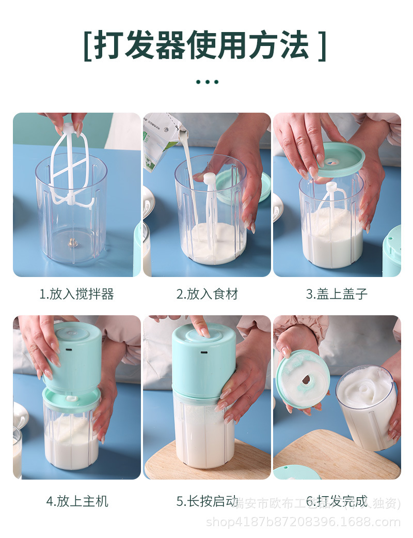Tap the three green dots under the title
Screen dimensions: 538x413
(x=207, y=82)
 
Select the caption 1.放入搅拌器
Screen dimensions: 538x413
(x=76, y=295)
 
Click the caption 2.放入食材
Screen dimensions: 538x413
(x=207, y=295)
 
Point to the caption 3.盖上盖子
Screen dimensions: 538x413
(x=337, y=295)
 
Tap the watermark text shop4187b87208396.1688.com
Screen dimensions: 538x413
(x=303, y=522)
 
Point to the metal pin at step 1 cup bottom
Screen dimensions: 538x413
(x=72, y=241)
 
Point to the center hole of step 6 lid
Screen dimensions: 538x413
(x=307, y=380)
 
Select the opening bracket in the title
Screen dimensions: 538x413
(x=88, y=46)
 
